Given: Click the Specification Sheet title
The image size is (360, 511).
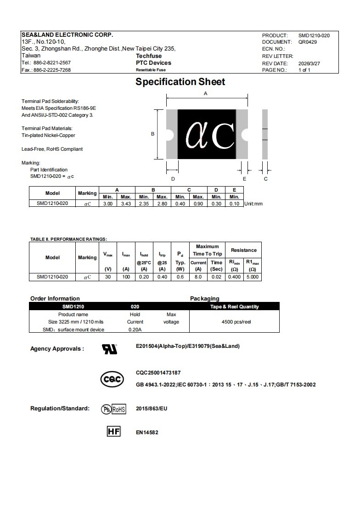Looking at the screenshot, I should [x=180, y=82].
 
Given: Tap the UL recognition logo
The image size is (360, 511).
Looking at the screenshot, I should [x=109, y=349].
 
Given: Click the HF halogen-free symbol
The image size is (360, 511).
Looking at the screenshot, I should [x=113, y=432].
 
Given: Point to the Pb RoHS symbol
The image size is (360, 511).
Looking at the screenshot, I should [x=113, y=409].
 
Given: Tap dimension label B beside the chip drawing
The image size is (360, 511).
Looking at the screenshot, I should [x=152, y=134].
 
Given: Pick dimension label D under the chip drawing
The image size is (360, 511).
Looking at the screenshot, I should [x=173, y=179].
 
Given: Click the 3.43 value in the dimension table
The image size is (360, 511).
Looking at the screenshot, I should [x=126, y=204].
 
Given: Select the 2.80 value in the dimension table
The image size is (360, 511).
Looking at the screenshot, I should [x=162, y=204].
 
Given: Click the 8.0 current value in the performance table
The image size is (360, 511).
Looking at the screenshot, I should [x=198, y=277].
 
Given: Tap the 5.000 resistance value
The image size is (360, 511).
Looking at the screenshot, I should [x=253, y=277].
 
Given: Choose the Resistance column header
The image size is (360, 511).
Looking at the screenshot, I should [x=243, y=250].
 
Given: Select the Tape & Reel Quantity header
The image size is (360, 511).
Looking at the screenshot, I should [x=234, y=307].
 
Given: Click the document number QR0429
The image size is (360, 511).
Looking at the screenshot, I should [x=307, y=42].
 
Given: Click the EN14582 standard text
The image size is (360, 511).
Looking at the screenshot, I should [x=147, y=432].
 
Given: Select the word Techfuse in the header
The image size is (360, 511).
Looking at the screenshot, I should [x=148, y=56].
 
